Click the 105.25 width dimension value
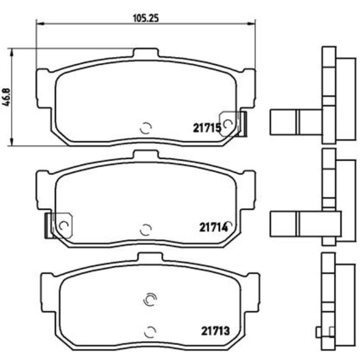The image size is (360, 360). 146,17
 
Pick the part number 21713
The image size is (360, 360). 214,332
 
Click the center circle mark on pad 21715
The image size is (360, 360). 146,128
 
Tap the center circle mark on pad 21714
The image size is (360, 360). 146,229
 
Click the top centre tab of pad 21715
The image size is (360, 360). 146,54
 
